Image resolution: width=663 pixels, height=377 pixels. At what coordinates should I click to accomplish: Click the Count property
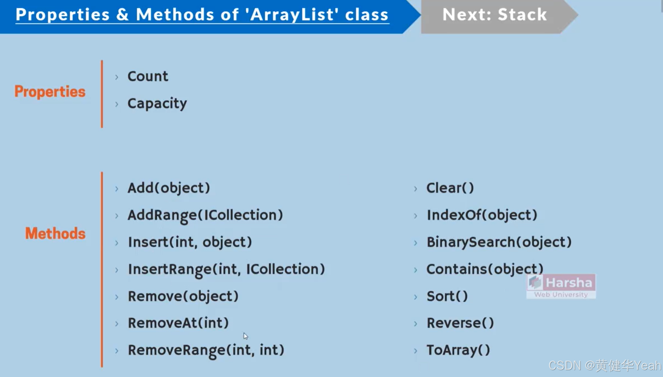[x=148, y=76]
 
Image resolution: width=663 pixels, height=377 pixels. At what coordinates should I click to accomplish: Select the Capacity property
[x=157, y=103]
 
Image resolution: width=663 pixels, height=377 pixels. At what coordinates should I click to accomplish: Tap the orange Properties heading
[x=50, y=92]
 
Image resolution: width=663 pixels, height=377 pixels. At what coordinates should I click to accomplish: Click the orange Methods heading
[x=55, y=233]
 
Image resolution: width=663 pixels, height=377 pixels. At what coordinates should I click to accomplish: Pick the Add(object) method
[x=168, y=188]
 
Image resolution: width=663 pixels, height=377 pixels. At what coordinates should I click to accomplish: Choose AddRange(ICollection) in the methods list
[x=205, y=215]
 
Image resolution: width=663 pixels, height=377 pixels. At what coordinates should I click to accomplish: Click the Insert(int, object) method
[x=190, y=242]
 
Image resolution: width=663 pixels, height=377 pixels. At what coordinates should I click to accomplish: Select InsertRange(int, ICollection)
[x=226, y=269]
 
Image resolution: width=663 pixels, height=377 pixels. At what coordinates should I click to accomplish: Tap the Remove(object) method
[x=183, y=296]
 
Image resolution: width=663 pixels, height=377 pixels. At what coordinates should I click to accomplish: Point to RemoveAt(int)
[x=178, y=323]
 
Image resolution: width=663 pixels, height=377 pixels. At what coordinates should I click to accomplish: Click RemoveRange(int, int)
[x=206, y=350]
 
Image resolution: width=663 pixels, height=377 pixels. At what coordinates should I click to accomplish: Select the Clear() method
[x=450, y=188]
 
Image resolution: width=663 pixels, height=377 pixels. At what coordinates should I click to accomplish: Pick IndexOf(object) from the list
[x=482, y=215]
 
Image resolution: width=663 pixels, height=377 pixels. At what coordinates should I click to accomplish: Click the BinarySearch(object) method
[x=499, y=242]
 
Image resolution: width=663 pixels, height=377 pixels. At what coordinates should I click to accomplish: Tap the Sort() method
[x=447, y=296]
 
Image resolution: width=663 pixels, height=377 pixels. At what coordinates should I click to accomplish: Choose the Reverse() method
[x=460, y=323]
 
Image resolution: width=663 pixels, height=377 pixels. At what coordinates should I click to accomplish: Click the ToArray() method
[x=458, y=350]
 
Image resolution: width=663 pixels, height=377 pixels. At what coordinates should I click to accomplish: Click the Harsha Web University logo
[x=561, y=287]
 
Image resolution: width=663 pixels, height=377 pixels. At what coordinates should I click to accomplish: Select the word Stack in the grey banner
[x=522, y=15]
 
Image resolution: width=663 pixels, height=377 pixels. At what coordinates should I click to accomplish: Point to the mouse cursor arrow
[x=246, y=336]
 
